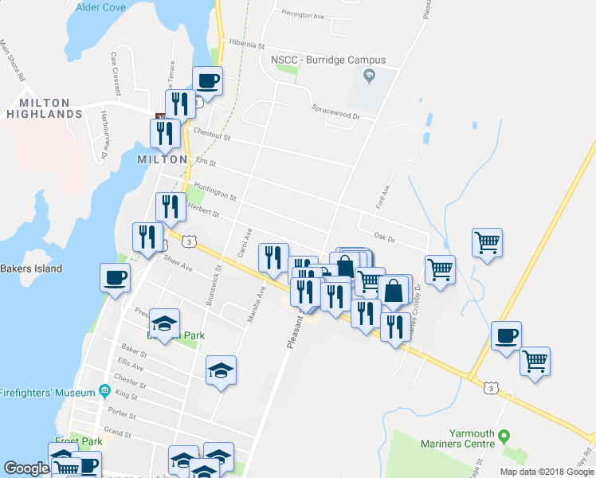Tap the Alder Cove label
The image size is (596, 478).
click(x=100, y=7)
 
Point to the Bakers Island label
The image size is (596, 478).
click(x=30, y=268)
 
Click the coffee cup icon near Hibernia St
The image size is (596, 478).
click(x=207, y=80)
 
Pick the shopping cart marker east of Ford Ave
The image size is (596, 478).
click(x=487, y=241)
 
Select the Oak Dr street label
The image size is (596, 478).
click(x=385, y=237)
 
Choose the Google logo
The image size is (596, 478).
click(x=26, y=468)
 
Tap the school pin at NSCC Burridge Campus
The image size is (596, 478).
click(x=368, y=76)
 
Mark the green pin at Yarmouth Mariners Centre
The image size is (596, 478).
click(x=504, y=437)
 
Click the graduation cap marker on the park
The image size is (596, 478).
click(x=165, y=323)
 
